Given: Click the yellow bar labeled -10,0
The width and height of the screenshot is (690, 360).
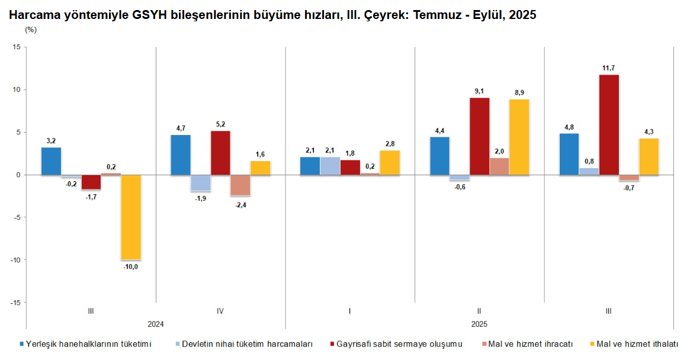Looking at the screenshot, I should coord(131,217).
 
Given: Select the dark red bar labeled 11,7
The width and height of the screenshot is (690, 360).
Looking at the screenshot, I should coord(609,125).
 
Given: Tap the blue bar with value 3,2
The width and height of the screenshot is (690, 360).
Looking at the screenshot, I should coord(51,161).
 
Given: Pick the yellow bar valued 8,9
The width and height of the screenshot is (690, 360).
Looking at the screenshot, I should coord(519,137).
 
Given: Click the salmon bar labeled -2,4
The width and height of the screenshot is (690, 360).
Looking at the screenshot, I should coord(240,185).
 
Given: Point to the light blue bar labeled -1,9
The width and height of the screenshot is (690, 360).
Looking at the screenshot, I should coord(200,183).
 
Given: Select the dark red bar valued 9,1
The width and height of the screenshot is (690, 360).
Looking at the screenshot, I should coord(479,136).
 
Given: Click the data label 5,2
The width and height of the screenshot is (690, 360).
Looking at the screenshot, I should coord(220,124).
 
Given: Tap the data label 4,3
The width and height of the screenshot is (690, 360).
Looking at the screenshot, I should coord(649,131).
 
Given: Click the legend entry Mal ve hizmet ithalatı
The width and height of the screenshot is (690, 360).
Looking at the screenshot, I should coord(637,343).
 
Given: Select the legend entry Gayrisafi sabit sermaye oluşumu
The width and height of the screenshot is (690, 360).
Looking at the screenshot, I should coord(399,343).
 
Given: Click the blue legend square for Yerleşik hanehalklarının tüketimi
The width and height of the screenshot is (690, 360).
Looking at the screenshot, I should coord(22,343).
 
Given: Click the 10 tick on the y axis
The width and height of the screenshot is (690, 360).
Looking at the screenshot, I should coord(16,90).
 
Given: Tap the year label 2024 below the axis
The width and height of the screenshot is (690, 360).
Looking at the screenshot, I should coord(156,324).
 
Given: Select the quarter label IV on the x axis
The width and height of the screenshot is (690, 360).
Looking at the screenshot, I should coord(220,311).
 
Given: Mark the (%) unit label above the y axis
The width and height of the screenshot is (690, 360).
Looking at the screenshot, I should coord(31,30).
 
